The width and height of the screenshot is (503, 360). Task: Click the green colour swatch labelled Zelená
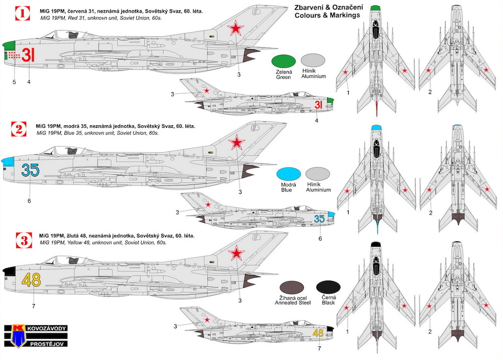pos(284,61)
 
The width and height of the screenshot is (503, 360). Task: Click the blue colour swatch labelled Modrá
pos(288,174)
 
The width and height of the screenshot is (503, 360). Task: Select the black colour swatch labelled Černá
pos(328,288)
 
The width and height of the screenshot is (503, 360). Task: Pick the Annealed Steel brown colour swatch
pos(292,288)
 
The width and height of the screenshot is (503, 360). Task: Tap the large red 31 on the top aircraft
pos(28,54)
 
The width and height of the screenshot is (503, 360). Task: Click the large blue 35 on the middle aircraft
pos(30,170)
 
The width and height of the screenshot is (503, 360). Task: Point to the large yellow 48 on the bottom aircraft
pos(31,280)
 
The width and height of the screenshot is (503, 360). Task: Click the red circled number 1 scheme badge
pos(23,13)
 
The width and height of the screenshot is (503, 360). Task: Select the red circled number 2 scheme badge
pos(19,129)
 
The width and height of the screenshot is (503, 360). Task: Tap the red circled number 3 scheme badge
pos(24,240)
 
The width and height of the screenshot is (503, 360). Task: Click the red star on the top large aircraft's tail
pos(236,28)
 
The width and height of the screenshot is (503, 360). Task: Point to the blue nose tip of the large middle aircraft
pos(8,161)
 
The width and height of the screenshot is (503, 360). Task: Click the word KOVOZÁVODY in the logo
pos(47,328)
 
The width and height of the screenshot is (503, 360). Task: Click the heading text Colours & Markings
pos(327,16)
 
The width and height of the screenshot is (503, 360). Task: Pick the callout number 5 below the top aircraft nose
pos(14,82)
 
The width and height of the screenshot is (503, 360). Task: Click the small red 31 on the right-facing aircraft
pos(318,105)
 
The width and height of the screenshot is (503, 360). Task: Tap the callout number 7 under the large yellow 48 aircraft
pos(34,306)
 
